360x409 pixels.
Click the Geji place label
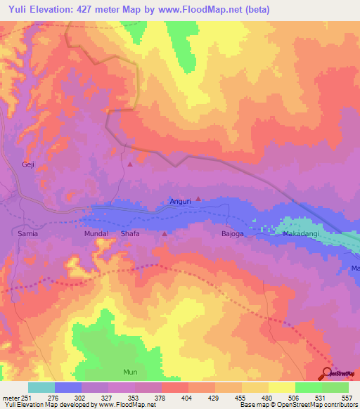pyautogui.click(x=28, y=164)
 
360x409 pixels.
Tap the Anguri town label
pyautogui.click(x=181, y=202)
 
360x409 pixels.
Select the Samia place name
pyautogui.click(x=28, y=233)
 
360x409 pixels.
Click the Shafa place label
pyautogui.click(x=130, y=233)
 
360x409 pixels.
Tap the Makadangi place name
pyautogui.click(x=303, y=233)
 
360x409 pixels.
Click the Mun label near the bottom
pyautogui.click(x=131, y=371)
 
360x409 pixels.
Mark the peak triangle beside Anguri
pyautogui.click(x=198, y=199)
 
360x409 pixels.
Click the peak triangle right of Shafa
pyautogui.click(x=165, y=233)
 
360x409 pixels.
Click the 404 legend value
pyautogui.click(x=187, y=397)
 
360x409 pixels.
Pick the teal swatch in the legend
pyautogui.click(x=41, y=387)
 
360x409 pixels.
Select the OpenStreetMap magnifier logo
pyautogui.click(x=328, y=372)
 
